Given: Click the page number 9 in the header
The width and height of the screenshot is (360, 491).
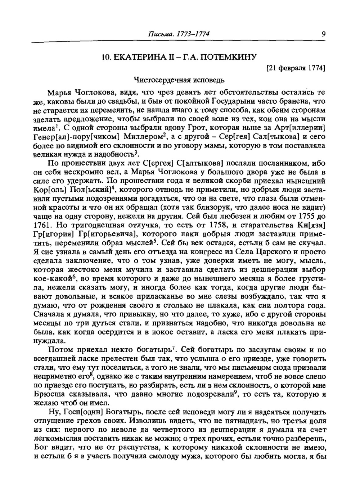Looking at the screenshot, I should click(x=324, y=35).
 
